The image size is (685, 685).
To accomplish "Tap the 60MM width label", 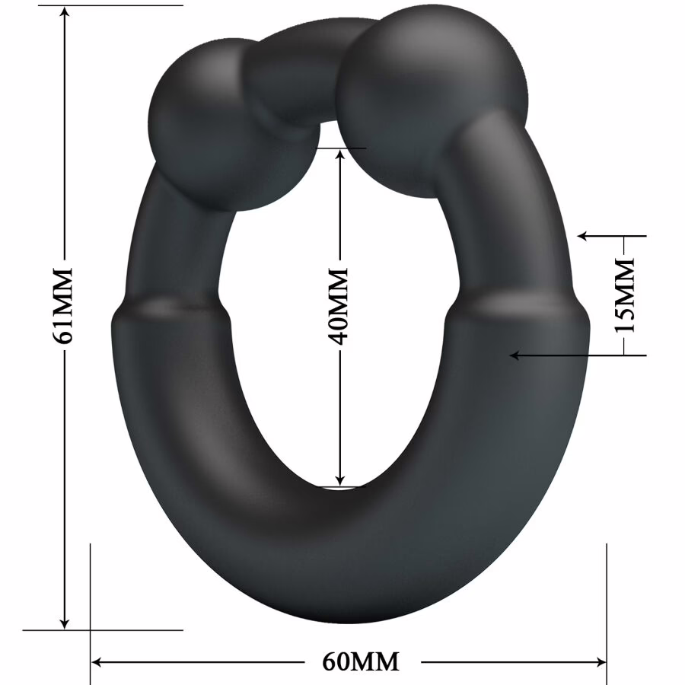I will [x=361, y=661].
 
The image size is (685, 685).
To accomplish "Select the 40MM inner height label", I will [x=339, y=304].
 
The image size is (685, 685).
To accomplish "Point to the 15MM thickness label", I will [x=625, y=295].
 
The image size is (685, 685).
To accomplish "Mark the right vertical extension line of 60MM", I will [x=607, y=594].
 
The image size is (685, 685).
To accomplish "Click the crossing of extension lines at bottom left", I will [x=91, y=630].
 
